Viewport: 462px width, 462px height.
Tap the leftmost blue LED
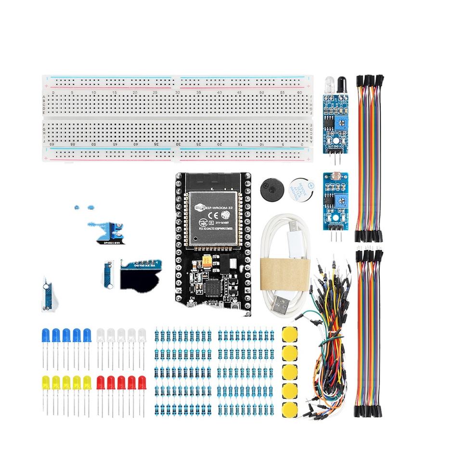point(46,334)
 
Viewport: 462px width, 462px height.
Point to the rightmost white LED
point(142,334)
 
